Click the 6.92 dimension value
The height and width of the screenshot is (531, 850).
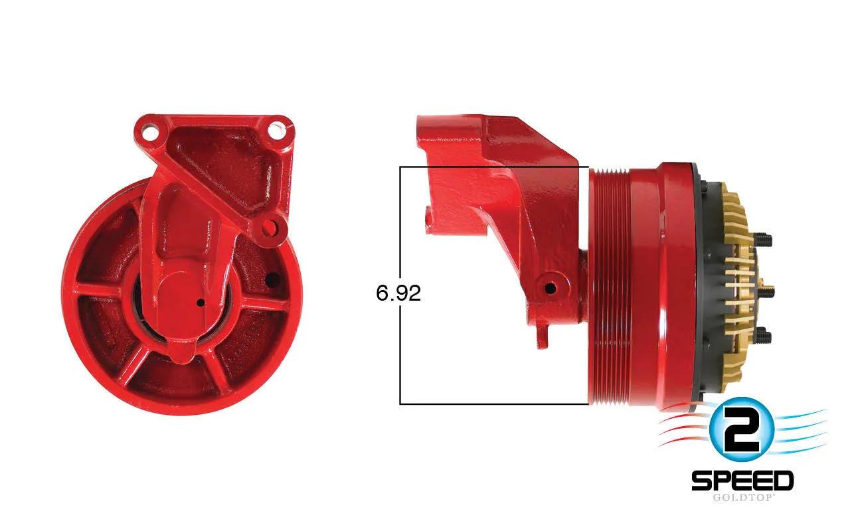(398, 293)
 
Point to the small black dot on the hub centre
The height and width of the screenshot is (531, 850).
(201, 302)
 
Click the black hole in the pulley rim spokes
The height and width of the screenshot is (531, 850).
(272, 280)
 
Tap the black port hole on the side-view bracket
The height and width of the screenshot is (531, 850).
(550, 289)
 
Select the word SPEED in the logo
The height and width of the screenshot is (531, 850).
(742, 481)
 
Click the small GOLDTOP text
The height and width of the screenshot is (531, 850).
(742, 498)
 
